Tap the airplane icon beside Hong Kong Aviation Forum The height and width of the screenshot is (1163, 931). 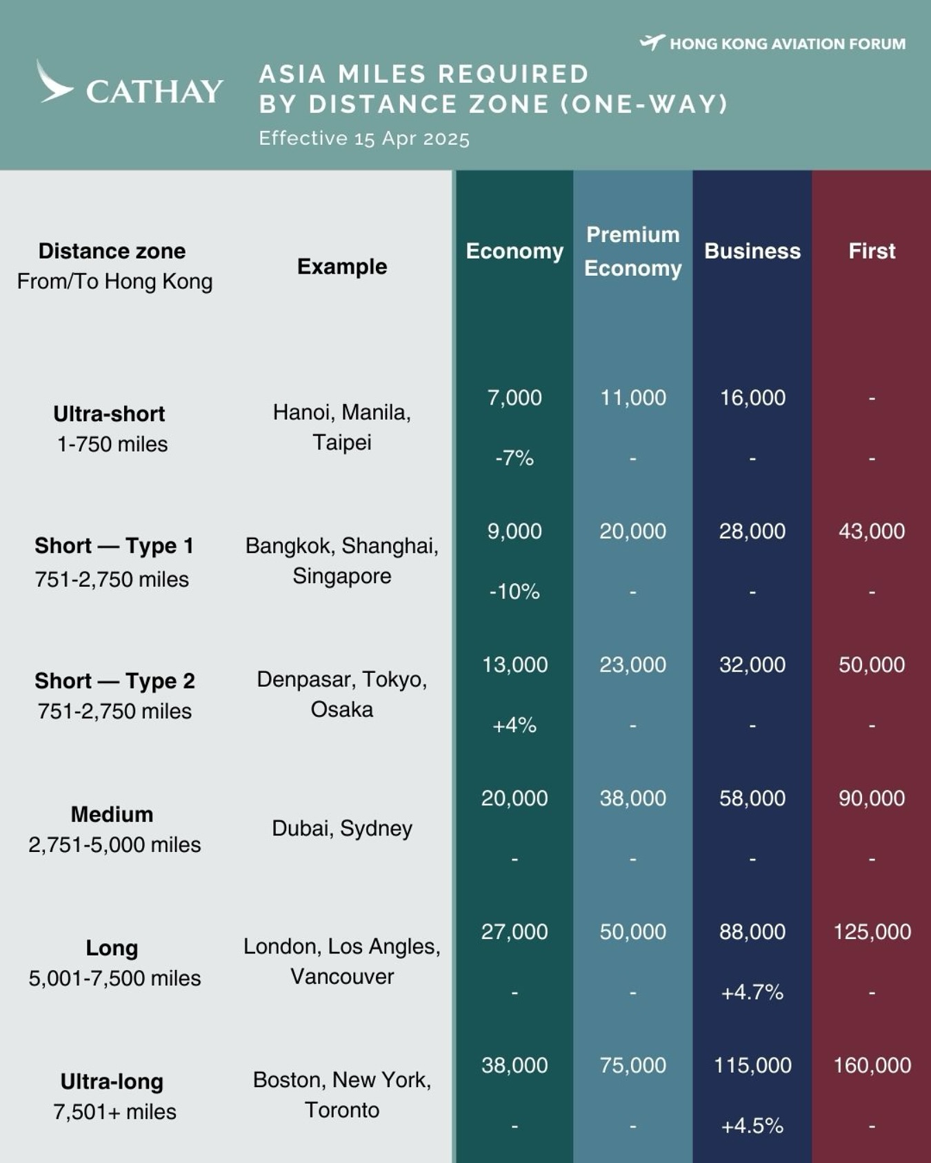pyautogui.click(x=652, y=43)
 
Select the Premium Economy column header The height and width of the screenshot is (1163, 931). pyautogui.click(x=633, y=251)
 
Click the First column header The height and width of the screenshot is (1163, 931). pyautogui.click(x=872, y=251)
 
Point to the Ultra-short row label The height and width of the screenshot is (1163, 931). pyautogui.click(x=109, y=414)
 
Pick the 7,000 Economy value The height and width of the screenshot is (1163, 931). pyautogui.click(x=514, y=398)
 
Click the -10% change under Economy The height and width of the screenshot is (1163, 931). pyautogui.click(x=514, y=591)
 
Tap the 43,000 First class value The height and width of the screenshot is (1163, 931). pyautogui.click(x=872, y=531)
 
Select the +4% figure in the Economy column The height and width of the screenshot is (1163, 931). pyautogui.click(x=514, y=725)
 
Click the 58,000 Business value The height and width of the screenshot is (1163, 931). pyautogui.click(x=752, y=798)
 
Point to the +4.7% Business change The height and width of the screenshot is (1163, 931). pyautogui.click(x=752, y=992)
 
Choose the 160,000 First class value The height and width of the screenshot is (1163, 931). pyautogui.click(x=872, y=1065)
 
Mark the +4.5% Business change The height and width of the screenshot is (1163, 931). pyautogui.click(x=752, y=1126)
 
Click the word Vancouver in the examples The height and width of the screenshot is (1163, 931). pyautogui.click(x=342, y=976)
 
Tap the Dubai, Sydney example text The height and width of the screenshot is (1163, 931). pyautogui.click(x=342, y=828)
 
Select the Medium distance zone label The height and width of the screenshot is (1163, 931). pyautogui.click(x=112, y=814)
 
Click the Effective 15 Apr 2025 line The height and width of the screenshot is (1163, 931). pyautogui.click(x=364, y=139)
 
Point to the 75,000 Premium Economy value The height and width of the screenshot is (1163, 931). pyautogui.click(x=633, y=1065)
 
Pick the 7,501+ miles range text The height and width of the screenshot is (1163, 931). pyautogui.click(x=114, y=1112)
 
